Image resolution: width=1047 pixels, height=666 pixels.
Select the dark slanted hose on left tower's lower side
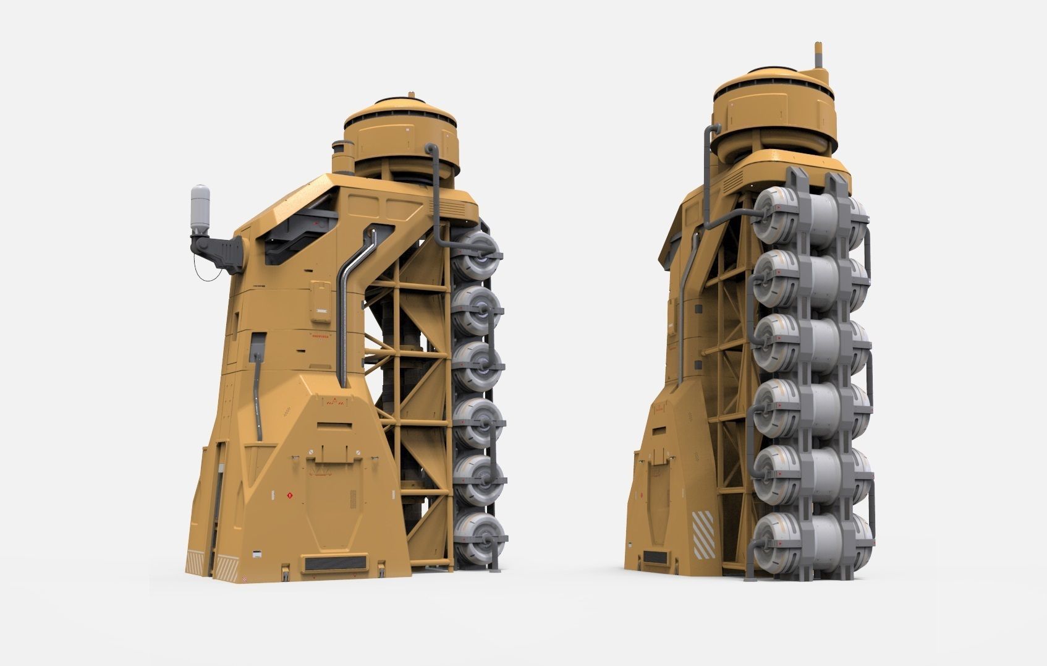(258, 396)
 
